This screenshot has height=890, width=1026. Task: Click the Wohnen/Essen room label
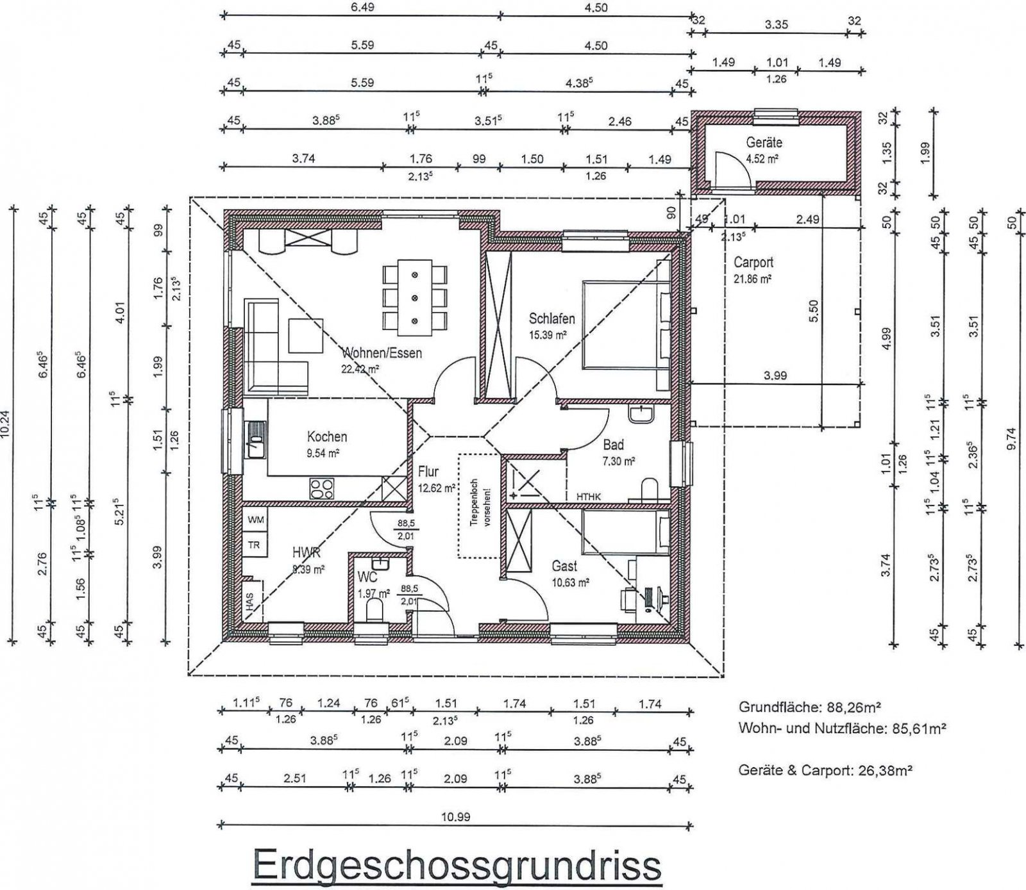[382, 353]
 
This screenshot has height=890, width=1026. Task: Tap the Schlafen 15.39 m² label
[551, 325]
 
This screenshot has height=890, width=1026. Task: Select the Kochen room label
[327, 437]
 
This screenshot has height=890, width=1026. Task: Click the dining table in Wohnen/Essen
[414, 297]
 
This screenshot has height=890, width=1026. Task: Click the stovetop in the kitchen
[322, 489]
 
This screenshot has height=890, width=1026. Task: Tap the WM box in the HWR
[255, 520]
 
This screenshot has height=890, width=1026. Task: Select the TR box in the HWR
[255, 545]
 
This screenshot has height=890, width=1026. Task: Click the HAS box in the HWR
[249, 600]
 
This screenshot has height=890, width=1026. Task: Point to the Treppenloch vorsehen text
[478, 506]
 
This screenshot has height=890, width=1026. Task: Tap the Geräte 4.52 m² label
[763, 149]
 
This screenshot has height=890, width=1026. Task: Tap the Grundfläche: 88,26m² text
[810, 708]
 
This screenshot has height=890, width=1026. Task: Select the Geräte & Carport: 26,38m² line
[825, 770]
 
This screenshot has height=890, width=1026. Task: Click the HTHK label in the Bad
[588, 496]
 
